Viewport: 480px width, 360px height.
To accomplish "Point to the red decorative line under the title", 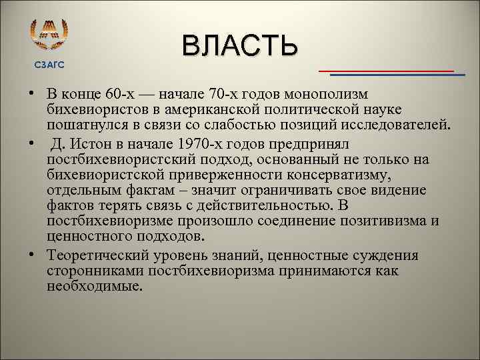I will tap(385, 70).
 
